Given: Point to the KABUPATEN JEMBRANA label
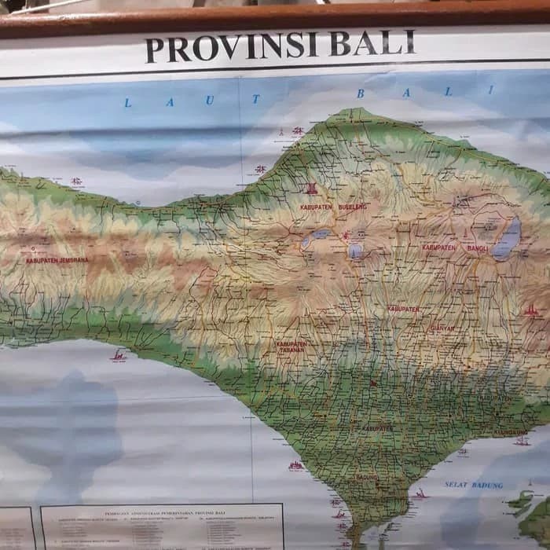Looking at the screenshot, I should pyautogui.click(x=57, y=260).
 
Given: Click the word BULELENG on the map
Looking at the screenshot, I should pyautogui.click(x=352, y=207).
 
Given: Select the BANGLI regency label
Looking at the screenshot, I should pyautogui.click(x=478, y=247).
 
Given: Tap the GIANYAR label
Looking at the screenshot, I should pyautogui.click(x=442, y=328).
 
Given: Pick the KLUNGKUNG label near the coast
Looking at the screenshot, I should pyautogui.click(x=511, y=433).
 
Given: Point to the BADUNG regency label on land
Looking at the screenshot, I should pyautogui.click(x=366, y=477).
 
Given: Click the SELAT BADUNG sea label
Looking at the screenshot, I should pyautogui.click(x=473, y=485).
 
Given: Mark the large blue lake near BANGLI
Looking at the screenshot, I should pyautogui.click(x=507, y=239).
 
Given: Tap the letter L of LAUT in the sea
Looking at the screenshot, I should pyautogui.click(x=128, y=103).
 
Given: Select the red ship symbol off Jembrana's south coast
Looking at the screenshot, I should pyautogui.click(x=118, y=357).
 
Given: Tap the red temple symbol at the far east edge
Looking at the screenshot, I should pyautogui.click(x=532, y=311).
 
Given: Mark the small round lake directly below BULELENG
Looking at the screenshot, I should pyautogui.click(x=355, y=251).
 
